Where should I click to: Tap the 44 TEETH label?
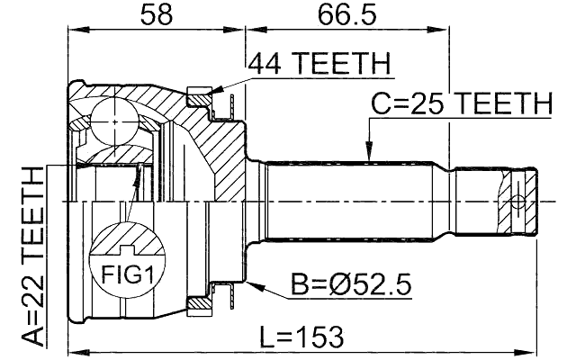tap(319, 65)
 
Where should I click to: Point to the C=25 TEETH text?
tap(461, 104)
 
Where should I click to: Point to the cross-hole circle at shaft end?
tap(517, 200)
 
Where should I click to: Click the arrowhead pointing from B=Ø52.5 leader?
tap(256, 285)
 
